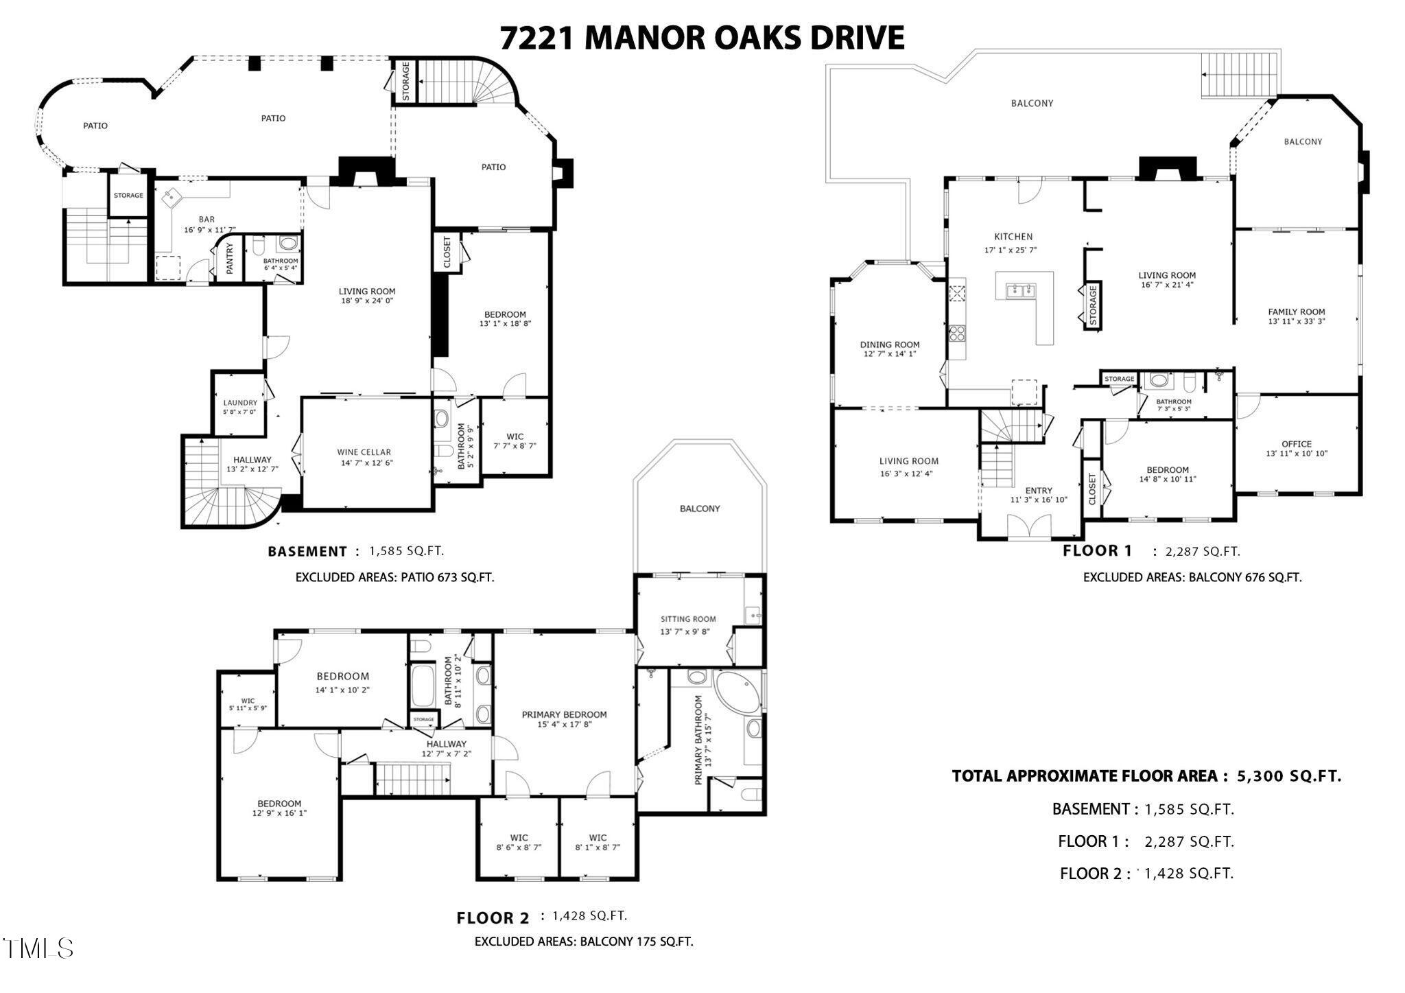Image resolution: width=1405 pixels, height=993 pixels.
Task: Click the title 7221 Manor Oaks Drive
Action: pos(701,38)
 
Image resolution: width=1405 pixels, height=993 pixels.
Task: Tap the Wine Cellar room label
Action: pos(364,452)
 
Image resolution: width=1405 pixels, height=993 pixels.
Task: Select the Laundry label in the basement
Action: pos(239,403)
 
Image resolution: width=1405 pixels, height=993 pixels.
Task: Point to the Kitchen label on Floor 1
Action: pos(1013,237)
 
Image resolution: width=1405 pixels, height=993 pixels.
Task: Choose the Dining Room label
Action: pos(890,345)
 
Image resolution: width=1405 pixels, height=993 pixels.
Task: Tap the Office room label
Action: pos(1296,444)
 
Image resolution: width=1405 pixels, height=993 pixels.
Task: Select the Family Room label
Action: pos(1296,312)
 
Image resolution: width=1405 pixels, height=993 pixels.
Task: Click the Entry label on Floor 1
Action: pos(1038,491)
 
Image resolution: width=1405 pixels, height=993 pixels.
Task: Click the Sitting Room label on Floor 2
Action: pos(687,619)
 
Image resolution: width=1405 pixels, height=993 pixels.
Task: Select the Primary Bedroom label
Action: pos(564,714)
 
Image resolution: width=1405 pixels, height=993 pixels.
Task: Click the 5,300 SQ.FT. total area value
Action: pos(1288,776)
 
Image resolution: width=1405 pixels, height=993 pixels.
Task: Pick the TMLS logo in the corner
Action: pos(38,948)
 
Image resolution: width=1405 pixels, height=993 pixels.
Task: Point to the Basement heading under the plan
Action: pos(307,552)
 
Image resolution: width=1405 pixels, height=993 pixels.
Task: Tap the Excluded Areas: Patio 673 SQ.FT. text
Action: pos(394,577)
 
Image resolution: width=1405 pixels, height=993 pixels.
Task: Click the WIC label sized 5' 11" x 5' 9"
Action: pos(247,701)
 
